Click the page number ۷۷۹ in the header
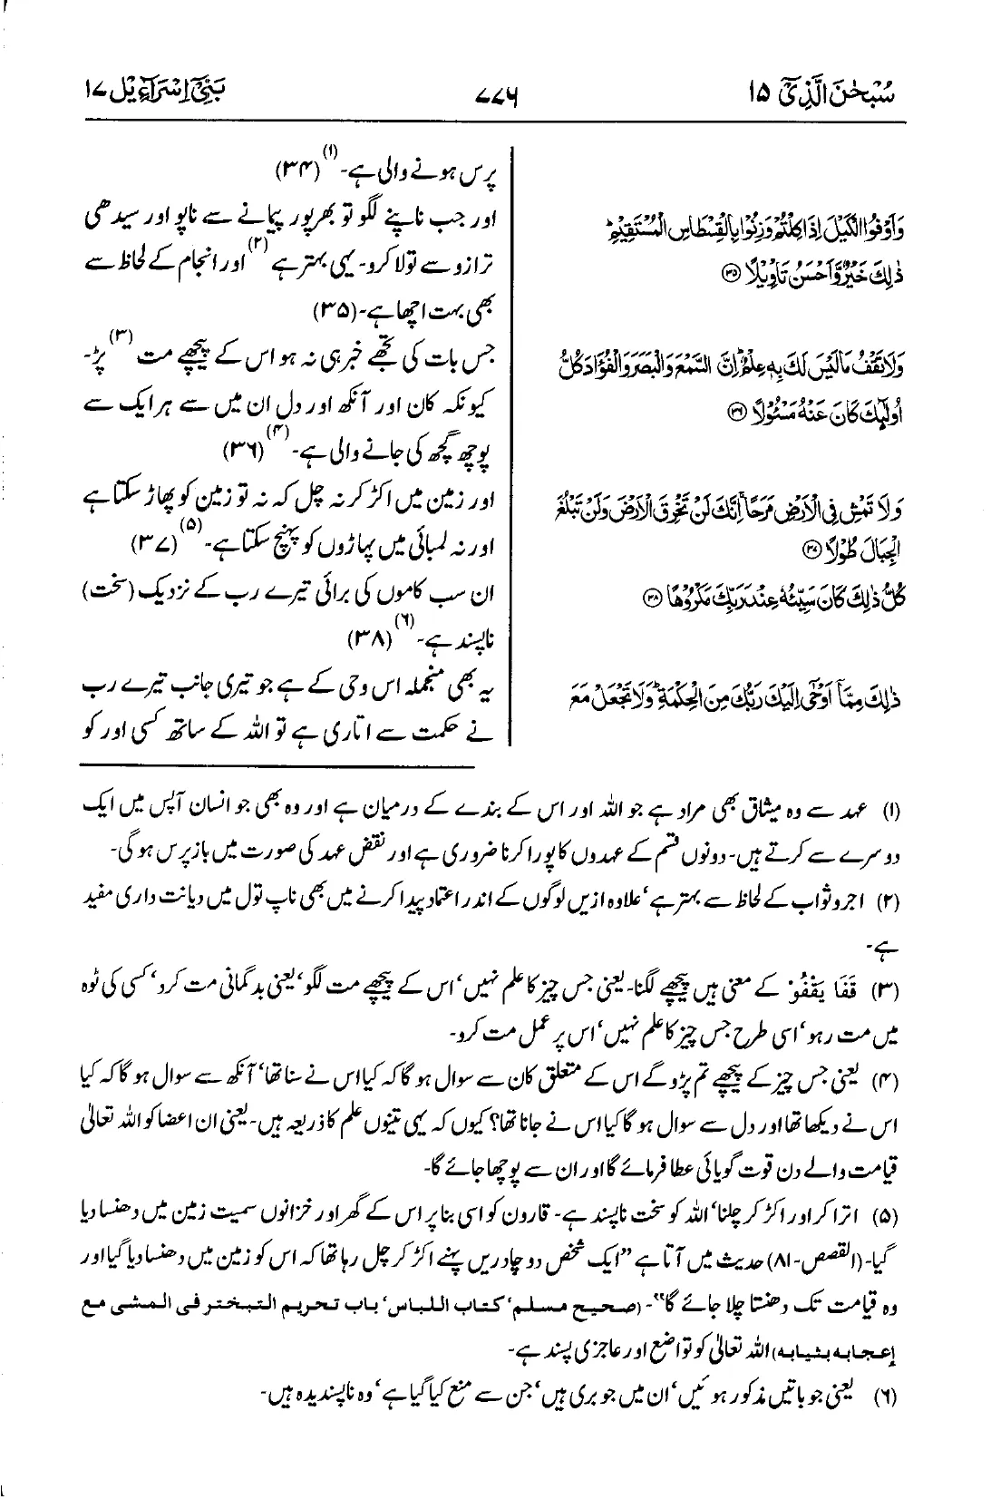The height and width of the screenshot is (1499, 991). pos(494,94)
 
